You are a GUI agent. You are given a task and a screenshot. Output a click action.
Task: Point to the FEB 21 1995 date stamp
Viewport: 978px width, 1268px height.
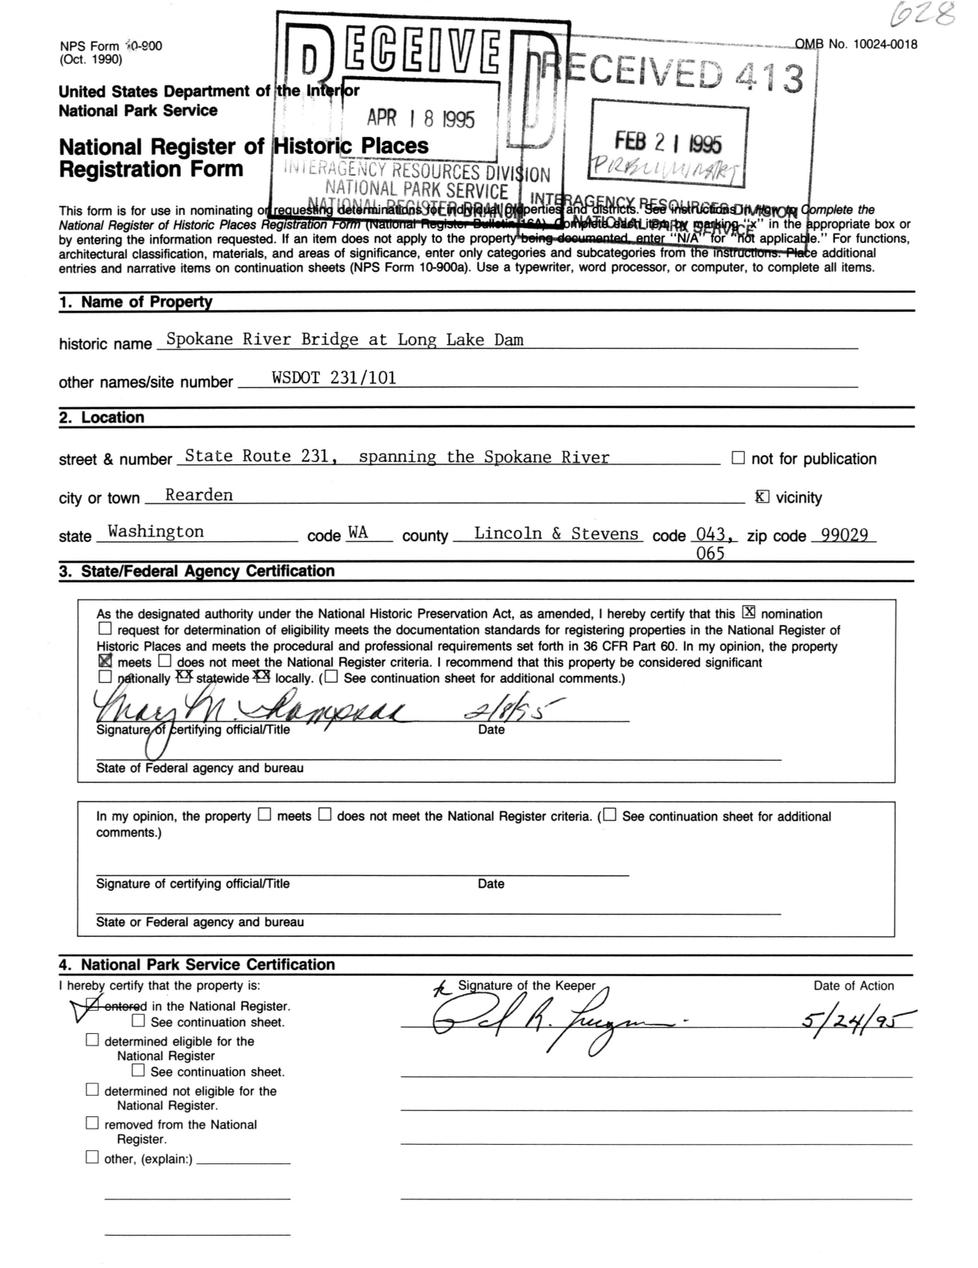(668, 142)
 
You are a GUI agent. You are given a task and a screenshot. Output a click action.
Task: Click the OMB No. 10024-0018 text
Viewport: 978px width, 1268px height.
(856, 44)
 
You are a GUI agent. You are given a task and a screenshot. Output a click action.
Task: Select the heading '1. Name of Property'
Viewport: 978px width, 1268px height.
(135, 302)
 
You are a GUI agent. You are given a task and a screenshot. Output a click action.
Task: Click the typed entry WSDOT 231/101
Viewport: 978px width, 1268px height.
(334, 377)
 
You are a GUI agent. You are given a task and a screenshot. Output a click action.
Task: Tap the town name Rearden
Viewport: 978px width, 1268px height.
(199, 495)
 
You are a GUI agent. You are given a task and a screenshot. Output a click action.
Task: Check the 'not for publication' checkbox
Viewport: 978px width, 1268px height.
(738, 458)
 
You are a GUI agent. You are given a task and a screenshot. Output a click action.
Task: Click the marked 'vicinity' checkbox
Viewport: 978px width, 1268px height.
(762, 497)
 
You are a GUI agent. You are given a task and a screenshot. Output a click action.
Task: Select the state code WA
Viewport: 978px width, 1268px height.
(358, 533)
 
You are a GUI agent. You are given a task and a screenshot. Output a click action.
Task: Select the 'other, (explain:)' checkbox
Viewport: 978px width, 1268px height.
(92, 1157)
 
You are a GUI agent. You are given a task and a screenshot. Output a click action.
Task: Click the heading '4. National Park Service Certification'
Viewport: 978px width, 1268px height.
(197, 965)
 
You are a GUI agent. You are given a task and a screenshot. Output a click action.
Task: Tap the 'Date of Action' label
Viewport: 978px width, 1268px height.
(853, 985)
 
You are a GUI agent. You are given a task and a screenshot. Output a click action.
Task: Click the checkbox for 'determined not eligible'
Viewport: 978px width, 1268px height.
(92, 1089)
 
